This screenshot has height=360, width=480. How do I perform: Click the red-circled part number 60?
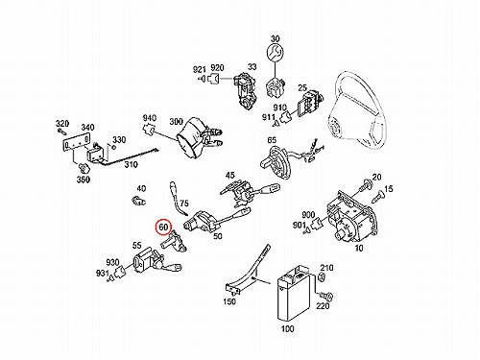(163, 227)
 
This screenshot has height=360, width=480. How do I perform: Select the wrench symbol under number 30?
(275, 53)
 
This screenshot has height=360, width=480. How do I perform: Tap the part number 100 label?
(287, 328)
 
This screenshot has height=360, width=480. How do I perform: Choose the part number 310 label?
(131, 164)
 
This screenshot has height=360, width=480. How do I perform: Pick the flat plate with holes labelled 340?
(76, 145)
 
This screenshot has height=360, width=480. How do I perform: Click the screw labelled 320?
(62, 132)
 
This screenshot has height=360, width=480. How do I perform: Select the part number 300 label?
(176, 122)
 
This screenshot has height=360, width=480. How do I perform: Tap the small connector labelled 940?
(149, 130)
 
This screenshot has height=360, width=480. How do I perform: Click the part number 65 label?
(272, 140)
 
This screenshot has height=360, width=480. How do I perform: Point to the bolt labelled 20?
(366, 186)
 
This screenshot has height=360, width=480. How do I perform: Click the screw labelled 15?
(378, 196)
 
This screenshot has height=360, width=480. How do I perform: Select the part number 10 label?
(359, 248)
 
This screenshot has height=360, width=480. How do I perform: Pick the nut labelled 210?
(323, 277)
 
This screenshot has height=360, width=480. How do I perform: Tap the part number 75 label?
(184, 204)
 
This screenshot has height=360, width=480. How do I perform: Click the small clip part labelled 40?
(139, 201)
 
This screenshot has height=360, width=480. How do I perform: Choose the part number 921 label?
(199, 69)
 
